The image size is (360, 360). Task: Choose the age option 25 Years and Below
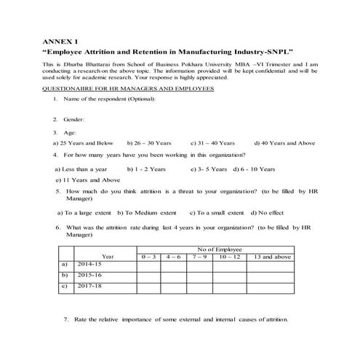coord(84,143)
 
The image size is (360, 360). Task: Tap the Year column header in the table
coord(108,257)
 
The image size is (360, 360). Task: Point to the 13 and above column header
coord(273,257)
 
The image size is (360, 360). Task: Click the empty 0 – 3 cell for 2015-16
coord(149,276)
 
